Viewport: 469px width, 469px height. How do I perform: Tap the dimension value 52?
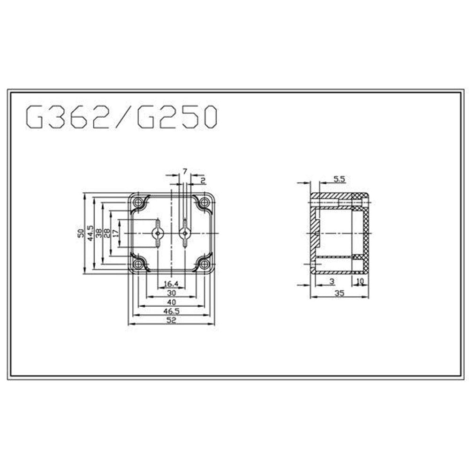[172, 320]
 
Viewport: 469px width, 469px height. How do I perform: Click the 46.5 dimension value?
[172, 311]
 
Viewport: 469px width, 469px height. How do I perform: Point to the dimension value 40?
[172, 302]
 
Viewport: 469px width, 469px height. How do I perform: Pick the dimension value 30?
[172, 293]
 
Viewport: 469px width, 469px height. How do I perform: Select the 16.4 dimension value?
[171, 284]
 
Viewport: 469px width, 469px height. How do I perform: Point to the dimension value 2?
[202, 180]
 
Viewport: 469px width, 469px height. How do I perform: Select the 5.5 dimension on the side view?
[339, 179]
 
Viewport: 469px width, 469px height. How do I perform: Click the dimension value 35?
[340, 293]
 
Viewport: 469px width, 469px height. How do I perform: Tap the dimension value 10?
[360, 281]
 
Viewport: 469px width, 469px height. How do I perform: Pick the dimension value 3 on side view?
[332, 281]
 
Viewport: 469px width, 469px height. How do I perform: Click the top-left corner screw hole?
[139, 203]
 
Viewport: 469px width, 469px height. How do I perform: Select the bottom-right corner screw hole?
[204, 264]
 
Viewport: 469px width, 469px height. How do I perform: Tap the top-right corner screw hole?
[204, 203]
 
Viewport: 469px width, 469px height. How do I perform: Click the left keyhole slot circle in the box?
[158, 233]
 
